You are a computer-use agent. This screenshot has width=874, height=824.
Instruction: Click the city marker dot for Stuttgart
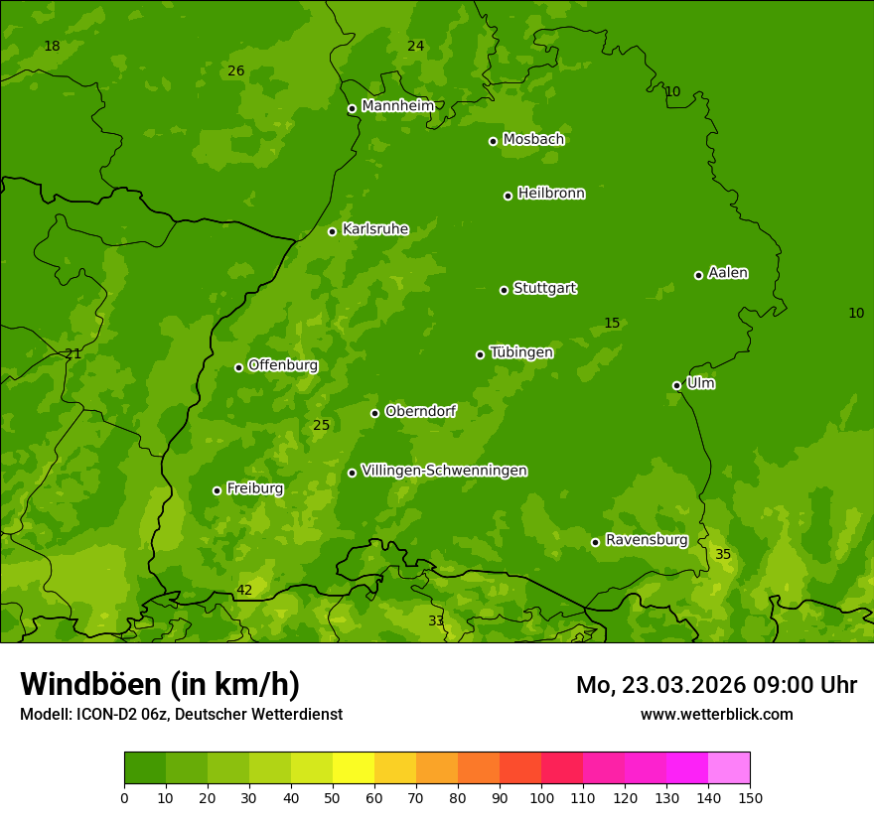tap(504, 290)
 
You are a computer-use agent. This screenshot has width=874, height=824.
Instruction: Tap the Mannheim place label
tap(398, 106)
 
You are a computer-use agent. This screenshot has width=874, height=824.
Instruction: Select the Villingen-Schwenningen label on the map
tap(444, 471)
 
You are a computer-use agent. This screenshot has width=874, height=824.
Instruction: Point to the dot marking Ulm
tap(676, 385)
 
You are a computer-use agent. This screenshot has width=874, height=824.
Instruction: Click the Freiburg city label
tap(254, 488)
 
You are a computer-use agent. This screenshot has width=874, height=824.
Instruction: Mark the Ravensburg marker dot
tap(595, 542)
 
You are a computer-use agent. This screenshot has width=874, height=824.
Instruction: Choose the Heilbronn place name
tap(551, 194)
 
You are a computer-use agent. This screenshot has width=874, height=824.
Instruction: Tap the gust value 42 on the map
tap(244, 591)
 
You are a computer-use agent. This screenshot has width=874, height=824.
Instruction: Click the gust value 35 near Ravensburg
tap(723, 554)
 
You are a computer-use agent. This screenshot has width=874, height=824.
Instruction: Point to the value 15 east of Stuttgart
tap(612, 323)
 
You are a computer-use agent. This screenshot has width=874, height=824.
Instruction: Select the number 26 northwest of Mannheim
tap(235, 70)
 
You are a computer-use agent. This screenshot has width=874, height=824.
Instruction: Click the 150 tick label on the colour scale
tap(750, 797)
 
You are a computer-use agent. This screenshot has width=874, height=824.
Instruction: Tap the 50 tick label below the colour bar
tap(333, 797)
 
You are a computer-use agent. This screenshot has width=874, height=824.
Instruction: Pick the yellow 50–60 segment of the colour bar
tap(354, 768)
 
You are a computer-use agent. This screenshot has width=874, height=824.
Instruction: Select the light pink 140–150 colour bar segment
tap(729, 768)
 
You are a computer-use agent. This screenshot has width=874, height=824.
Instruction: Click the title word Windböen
tap(90, 684)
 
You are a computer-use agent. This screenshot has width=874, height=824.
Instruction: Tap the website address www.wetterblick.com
tap(716, 714)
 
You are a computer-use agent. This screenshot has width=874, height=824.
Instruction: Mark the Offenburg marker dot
tap(238, 367)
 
